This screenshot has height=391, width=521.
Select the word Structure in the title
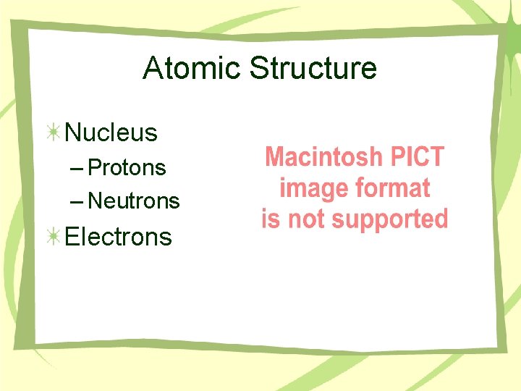point(313,69)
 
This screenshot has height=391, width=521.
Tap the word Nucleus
point(111,133)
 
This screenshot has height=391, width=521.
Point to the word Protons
point(127,168)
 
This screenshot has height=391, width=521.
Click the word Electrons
point(119,237)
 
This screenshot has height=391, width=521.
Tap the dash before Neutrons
point(77,201)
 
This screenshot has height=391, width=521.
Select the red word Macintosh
point(323,157)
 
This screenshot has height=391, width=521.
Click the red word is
point(271,219)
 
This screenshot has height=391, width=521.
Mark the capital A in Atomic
point(153,69)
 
